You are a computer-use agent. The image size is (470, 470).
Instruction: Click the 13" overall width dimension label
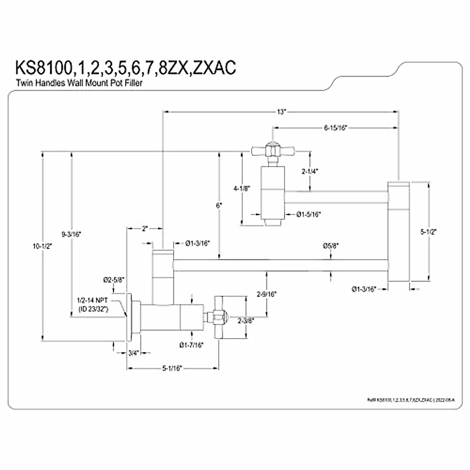tap(280, 112)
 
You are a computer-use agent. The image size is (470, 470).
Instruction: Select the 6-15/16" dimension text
tap(336, 128)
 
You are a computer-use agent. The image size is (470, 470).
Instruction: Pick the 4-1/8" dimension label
tap(241, 188)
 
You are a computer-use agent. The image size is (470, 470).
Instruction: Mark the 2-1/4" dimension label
tap(310, 171)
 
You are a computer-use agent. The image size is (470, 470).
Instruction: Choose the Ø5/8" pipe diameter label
tap(331, 246)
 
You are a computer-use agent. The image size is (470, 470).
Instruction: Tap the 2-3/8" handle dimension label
tap(246, 320)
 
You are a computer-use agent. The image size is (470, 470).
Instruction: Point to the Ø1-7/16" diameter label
tap(192, 345)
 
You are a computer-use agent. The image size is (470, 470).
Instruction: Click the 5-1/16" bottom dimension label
tap(172, 368)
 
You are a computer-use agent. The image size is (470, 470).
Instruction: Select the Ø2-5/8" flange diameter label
tap(114, 280)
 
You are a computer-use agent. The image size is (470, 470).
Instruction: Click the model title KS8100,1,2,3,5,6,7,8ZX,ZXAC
tap(125, 67)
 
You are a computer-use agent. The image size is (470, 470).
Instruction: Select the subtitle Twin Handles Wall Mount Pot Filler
tap(79, 83)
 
